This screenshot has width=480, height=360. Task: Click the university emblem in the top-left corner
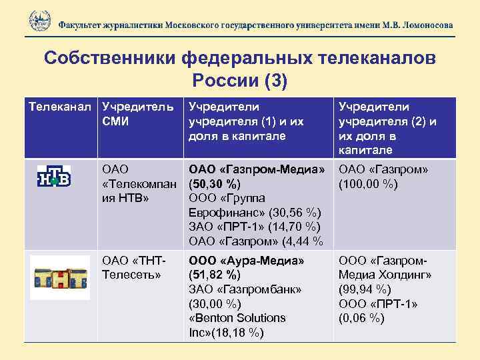(39, 21)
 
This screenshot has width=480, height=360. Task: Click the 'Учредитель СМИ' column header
(136, 114)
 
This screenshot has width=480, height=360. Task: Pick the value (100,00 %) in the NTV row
(370, 183)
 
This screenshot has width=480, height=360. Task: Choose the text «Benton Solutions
(237, 318)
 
